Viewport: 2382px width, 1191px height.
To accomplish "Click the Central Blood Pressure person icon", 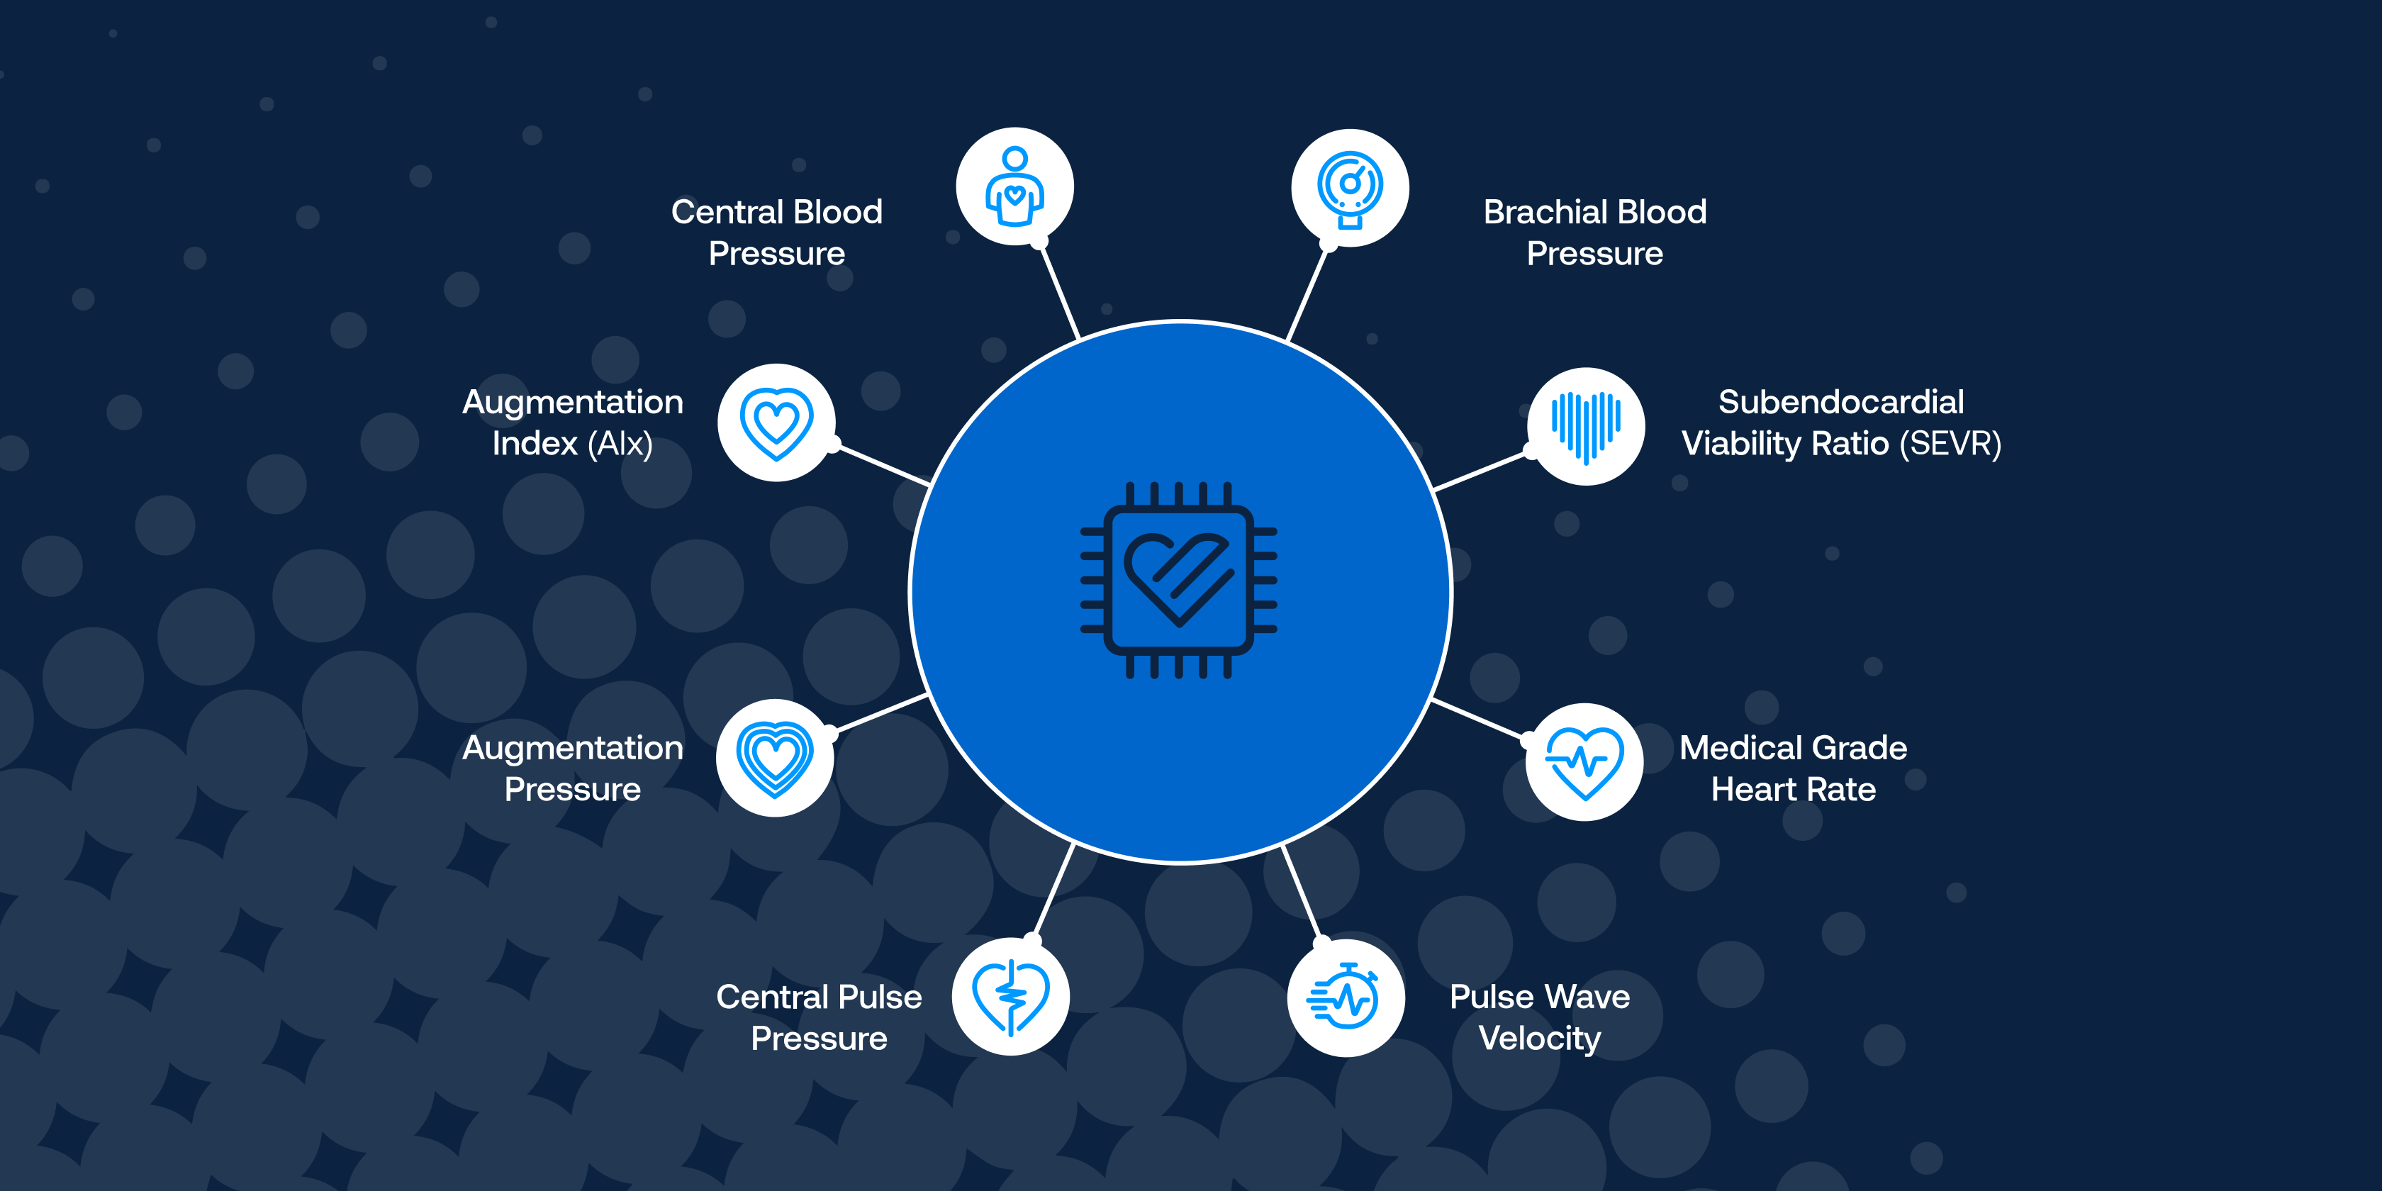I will pyautogui.click(x=1014, y=186).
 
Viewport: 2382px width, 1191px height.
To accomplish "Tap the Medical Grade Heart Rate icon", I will pyautogui.click(x=1585, y=762).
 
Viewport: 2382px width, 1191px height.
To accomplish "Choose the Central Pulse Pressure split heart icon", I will pyautogui.click(x=1011, y=997).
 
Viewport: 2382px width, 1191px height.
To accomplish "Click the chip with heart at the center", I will pyautogui.click(x=1179, y=581).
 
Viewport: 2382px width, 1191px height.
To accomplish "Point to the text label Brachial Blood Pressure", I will pyautogui.click(x=1594, y=232).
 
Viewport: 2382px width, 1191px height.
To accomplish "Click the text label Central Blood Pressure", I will pyautogui.click(x=777, y=232).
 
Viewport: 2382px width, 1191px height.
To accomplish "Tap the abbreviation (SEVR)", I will pyautogui.click(x=1950, y=444).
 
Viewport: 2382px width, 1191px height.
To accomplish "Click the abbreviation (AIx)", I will pyautogui.click(x=620, y=444).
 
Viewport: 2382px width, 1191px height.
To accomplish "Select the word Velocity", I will pyautogui.click(x=1540, y=1039).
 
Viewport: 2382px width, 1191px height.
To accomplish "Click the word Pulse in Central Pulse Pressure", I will pyautogui.click(x=880, y=997).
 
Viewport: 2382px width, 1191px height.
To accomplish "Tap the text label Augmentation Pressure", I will pyautogui.click(x=572, y=768).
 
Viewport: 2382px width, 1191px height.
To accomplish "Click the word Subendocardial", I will pyautogui.click(x=1840, y=402).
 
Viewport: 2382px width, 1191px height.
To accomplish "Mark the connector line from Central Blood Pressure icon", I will pyautogui.click(x=1060, y=291).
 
